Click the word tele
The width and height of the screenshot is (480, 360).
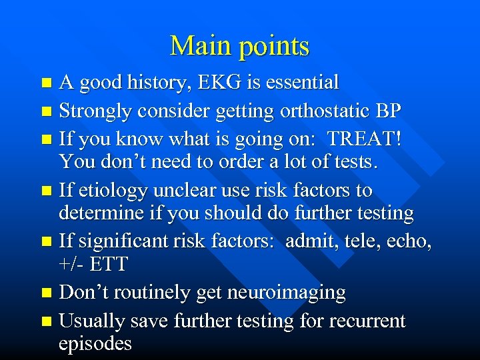(x=359, y=241)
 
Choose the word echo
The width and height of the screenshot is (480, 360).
(x=409, y=241)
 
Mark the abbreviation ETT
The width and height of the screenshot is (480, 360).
(x=108, y=264)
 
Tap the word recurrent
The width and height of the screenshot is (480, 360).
(x=365, y=321)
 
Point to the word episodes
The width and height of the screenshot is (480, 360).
(x=95, y=344)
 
